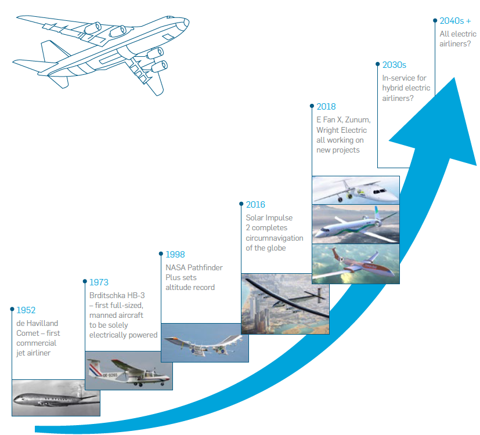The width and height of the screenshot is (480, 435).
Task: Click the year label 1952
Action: click(26, 310)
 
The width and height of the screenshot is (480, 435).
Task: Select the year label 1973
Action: click(99, 282)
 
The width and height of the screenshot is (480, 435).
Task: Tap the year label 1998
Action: click(175, 255)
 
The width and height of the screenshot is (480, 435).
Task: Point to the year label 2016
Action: click(255, 205)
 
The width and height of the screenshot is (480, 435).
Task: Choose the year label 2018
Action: click(326, 107)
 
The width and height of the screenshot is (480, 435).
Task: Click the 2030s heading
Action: click(394, 65)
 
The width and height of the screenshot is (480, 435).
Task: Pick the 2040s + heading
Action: click(455, 21)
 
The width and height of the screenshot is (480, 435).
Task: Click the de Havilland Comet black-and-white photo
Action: click(56, 398)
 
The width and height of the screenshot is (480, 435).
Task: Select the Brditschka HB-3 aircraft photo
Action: click(129, 371)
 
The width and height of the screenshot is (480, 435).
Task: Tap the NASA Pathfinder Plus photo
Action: click(205, 343)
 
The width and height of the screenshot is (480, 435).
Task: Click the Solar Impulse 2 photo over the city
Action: click(285, 304)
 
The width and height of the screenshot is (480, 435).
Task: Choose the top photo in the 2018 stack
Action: click(356, 190)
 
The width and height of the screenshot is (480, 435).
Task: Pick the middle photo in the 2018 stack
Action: click(356, 224)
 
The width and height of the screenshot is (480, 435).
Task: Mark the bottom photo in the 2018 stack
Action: click(356, 264)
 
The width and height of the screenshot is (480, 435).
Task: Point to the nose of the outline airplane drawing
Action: click(187, 22)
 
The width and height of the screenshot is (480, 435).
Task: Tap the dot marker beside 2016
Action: click(241, 204)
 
